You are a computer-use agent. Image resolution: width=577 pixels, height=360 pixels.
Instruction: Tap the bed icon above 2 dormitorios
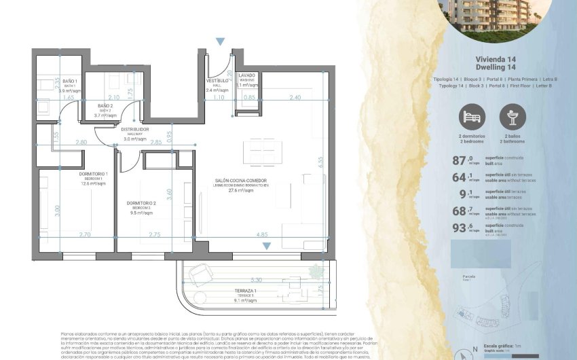(x=472, y=118)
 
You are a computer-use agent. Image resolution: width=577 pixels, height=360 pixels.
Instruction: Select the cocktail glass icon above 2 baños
(x=513, y=118)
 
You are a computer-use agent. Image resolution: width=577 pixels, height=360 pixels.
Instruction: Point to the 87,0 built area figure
(x=464, y=160)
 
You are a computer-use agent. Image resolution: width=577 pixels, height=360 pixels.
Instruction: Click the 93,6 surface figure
(x=464, y=228)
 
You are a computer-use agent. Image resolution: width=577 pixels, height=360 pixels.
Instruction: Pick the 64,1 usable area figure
(x=464, y=177)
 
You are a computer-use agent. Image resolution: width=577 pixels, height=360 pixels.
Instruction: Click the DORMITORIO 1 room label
(x=93, y=175)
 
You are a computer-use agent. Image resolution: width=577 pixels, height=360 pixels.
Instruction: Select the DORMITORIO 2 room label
(x=141, y=203)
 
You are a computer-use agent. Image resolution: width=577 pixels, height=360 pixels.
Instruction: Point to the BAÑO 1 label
(x=70, y=82)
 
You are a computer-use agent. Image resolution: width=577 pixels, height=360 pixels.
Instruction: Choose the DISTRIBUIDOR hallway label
(x=134, y=129)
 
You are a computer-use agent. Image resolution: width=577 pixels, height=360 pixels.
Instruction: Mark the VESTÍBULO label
(x=217, y=80)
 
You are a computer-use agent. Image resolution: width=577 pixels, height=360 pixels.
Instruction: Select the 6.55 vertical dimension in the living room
(x=319, y=163)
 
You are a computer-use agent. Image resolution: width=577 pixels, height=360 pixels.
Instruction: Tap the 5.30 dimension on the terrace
(x=256, y=279)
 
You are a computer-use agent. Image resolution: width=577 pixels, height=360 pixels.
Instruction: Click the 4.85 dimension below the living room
(x=262, y=234)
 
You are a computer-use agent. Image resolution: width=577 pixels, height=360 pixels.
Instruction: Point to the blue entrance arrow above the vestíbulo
(x=219, y=42)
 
